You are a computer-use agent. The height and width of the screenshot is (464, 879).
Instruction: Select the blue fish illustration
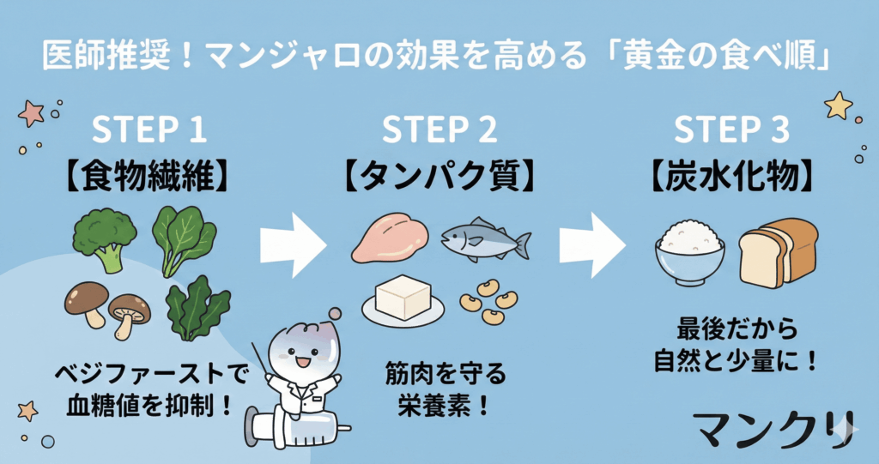coord(485,242)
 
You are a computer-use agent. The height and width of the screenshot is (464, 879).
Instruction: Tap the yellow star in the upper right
coord(838,105)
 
